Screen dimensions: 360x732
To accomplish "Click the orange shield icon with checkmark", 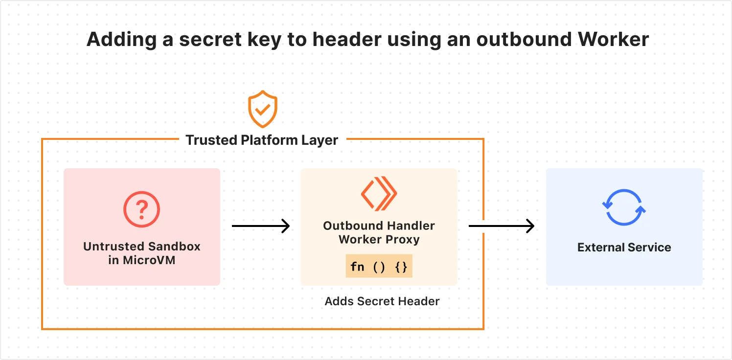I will click(x=263, y=109).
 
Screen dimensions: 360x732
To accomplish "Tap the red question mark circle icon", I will click(x=141, y=210).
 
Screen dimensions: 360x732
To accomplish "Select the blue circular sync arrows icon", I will click(x=624, y=207).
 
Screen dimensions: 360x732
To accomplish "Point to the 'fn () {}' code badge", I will click(x=379, y=267).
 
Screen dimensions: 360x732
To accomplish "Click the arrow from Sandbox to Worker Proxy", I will click(x=260, y=226).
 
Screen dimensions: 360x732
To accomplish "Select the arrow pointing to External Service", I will click(x=501, y=226).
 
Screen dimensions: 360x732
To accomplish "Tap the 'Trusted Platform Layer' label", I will click(x=262, y=140).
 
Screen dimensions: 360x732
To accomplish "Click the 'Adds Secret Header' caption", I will click(x=382, y=301).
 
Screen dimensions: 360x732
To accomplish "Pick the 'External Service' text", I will click(x=624, y=247).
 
